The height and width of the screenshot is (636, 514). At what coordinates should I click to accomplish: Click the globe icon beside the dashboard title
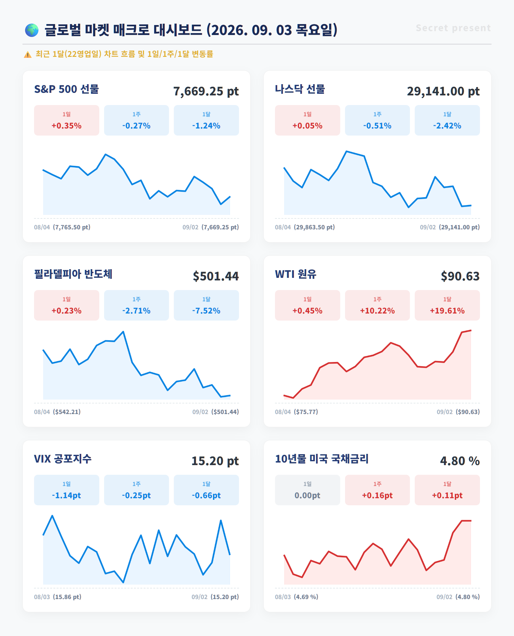coord(32,30)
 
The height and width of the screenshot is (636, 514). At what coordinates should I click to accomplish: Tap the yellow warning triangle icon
coord(28,55)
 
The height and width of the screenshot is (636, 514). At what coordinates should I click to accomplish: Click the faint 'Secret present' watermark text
coord(453,28)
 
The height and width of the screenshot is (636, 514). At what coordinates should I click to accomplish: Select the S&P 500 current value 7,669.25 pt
coord(206,91)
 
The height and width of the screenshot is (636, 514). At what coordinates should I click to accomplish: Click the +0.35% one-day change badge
coord(66,120)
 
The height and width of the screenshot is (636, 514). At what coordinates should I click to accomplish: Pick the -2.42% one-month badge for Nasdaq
coord(447,120)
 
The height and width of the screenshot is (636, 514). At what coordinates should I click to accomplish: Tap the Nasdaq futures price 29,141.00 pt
coord(443,91)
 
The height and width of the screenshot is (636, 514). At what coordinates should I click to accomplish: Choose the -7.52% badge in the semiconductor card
coord(206,305)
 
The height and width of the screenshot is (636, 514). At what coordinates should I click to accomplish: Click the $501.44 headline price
coord(216,276)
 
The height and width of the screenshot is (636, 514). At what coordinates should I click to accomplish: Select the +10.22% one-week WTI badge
coord(377,305)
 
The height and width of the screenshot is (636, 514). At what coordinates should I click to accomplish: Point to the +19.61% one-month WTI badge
coord(447,305)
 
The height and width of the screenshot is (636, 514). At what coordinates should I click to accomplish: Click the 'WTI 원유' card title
coord(296,274)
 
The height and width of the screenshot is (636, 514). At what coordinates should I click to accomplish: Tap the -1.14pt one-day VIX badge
coord(66,490)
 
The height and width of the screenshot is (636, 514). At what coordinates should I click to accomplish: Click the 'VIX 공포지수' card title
coord(63,459)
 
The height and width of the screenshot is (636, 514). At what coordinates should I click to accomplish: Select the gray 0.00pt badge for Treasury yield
coord(307,490)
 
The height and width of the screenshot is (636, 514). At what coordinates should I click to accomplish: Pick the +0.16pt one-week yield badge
coord(377,490)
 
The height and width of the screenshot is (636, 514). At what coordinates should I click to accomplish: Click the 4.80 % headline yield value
coord(460,461)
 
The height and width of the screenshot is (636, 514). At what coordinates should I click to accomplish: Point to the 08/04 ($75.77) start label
coord(297,412)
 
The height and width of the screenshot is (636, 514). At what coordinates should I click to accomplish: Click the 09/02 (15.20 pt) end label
coord(215,597)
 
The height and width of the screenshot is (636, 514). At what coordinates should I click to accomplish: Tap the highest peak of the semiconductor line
coord(123,331)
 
